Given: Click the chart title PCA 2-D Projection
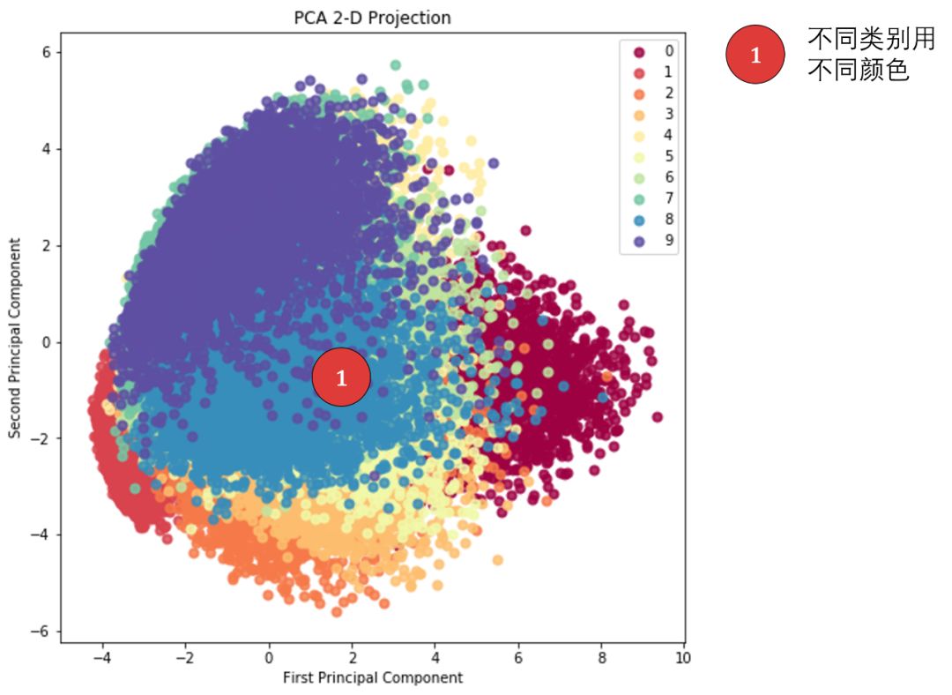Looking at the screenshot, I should [372, 18].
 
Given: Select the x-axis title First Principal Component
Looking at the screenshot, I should [372, 677].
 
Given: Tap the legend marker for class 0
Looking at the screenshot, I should [640, 51].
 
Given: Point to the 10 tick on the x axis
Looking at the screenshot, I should [682, 658].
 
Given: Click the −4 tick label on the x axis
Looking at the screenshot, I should [101, 658].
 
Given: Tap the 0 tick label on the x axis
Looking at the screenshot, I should [270, 658].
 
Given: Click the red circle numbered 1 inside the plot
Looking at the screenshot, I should [341, 378].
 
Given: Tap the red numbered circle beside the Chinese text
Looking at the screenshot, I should [755, 56].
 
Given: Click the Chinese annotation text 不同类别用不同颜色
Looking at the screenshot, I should [871, 55].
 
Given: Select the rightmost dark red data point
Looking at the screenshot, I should [657, 417].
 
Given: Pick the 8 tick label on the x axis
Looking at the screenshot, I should [601, 658].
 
